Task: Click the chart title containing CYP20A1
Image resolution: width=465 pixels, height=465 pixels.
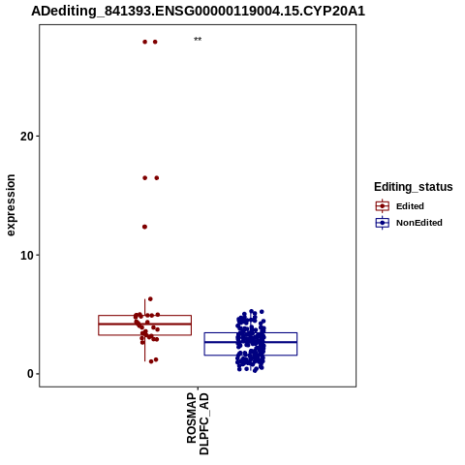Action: tap(198, 11)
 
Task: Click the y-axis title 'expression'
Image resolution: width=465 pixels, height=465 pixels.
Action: tap(11, 205)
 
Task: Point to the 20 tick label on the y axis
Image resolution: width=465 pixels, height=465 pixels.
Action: tap(27, 137)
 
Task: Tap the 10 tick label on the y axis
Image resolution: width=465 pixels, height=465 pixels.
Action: tap(27, 256)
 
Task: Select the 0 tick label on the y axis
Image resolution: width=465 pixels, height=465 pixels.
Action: tap(30, 374)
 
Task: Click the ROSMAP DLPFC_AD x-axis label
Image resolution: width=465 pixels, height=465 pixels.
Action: tap(198, 423)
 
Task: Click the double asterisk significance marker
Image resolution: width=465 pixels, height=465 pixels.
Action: tap(198, 40)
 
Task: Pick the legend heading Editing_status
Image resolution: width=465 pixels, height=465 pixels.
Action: tap(413, 187)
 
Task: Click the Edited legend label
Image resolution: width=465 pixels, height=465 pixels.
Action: tap(410, 206)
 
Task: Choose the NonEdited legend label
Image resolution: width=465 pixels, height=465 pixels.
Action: tap(419, 223)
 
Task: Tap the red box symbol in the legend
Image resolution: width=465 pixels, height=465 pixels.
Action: tap(383, 206)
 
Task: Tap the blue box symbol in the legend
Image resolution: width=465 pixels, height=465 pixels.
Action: tap(383, 223)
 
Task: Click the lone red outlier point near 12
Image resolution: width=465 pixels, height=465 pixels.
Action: tap(144, 227)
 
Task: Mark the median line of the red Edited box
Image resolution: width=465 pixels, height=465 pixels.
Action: tap(144, 324)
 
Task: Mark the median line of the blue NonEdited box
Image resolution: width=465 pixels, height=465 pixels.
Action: tap(251, 342)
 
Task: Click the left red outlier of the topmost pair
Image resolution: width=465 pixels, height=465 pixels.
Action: tap(145, 42)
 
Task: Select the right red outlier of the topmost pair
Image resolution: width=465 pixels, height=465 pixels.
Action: tap(155, 42)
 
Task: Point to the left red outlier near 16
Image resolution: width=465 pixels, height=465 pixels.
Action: tap(145, 178)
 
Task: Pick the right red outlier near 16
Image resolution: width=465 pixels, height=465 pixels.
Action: tap(157, 178)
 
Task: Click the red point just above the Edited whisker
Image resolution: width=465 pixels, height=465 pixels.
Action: tap(150, 299)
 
